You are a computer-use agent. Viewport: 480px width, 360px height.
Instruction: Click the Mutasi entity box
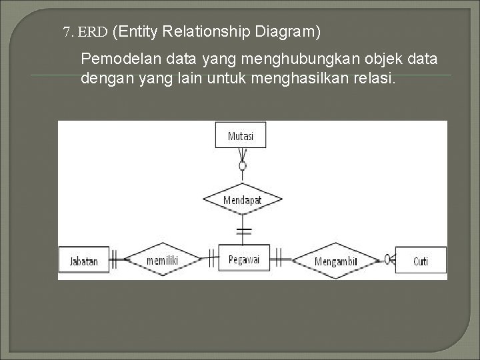pos(241,135)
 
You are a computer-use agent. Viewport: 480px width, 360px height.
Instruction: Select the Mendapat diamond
pos(242,199)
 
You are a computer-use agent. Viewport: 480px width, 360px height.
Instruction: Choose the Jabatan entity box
pos(83,261)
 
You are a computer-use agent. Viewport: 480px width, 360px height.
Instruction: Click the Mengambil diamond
pos(335,261)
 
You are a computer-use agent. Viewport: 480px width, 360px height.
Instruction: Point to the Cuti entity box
pos(421,261)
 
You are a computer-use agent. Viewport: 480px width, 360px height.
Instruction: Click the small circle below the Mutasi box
pos(243,165)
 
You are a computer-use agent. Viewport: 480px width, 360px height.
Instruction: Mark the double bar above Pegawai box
pos(243,232)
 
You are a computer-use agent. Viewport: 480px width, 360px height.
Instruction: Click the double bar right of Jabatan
pos(114,259)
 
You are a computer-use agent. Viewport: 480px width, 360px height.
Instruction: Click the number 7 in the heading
pos(67,31)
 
